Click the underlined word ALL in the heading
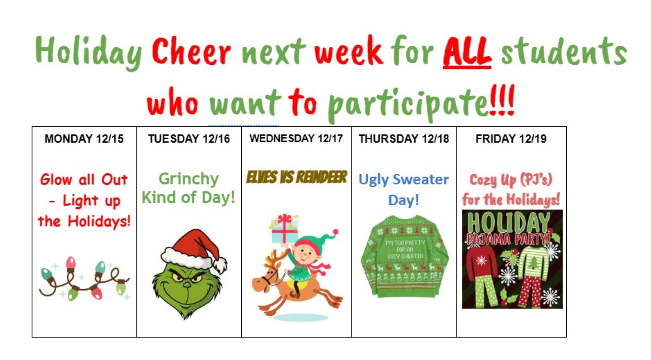pyautogui.click(x=467, y=52)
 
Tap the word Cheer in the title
pyautogui.click(x=191, y=51)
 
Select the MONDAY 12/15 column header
pyautogui.click(x=84, y=139)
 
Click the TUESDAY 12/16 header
pyautogui.click(x=189, y=139)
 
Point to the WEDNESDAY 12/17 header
pyautogui.click(x=296, y=138)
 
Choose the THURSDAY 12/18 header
pyautogui.click(x=404, y=139)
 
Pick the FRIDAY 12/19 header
pyautogui.click(x=511, y=139)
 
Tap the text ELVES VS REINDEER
pyautogui.click(x=297, y=177)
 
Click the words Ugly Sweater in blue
pyautogui.click(x=404, y=179)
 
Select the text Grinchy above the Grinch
pyautogui.click(x=189, y=179)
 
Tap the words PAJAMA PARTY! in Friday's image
pyautogui.click(x=508, y=239)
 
